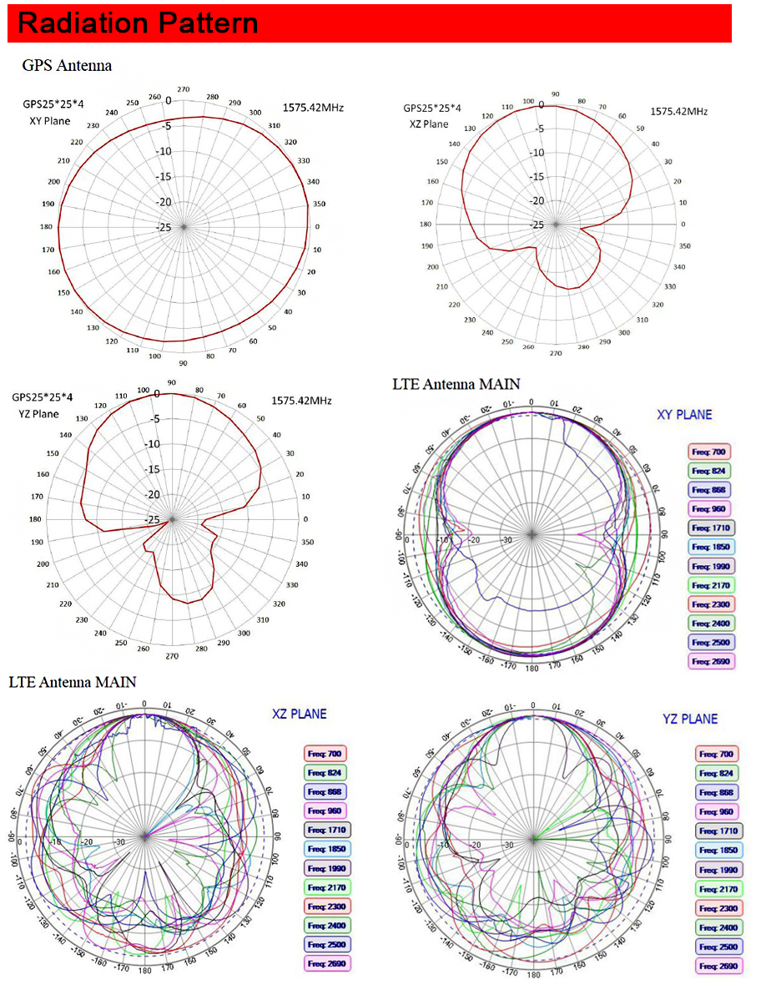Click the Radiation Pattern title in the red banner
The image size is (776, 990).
pos(138,23)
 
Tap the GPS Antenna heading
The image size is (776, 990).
pos(67,65)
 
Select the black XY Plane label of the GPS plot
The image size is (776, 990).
pos(50,121)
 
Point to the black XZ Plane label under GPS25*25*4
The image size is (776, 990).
pos(428,124)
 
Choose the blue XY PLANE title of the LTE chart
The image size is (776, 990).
pos(684,414)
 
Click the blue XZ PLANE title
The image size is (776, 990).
pos(300,714)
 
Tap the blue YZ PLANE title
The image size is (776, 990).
pos(690,719)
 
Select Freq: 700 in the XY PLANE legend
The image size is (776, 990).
pos(708,452)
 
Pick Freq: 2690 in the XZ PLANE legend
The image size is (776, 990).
pos(326,963)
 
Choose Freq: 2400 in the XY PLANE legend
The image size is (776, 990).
pos(708,624)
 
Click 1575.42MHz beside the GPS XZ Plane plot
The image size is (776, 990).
pos(679,111)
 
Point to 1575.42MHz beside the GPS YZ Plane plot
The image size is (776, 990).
pos(302,401)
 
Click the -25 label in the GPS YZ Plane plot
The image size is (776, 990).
pos(154,520)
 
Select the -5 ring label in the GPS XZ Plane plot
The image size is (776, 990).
pos(538,129)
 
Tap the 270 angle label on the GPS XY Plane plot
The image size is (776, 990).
pos(184,89)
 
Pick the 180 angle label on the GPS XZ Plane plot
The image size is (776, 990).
pos(426,225)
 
